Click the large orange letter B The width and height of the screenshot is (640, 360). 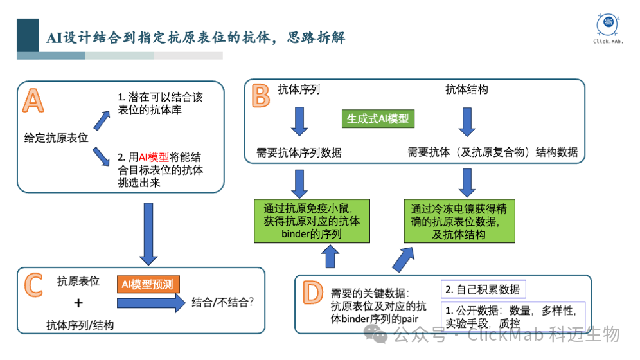pyautogui.click(x=260, y=97)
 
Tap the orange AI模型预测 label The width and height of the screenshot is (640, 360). pyautogui.click(x=148, y=283)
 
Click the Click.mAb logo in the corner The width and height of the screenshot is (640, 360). pyautogui.click(x=609, y=30)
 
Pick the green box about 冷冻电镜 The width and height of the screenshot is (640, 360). pyautogui.click(x=460, y=221)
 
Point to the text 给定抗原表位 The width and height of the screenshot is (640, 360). pyautogui.click(x=56, y=137)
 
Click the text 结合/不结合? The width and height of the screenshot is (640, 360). pyautogui.click(x=222, y=301)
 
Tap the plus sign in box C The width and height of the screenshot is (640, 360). pyautogui.click(x=78, y=303)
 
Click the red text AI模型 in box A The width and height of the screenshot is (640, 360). pyautogui.click(x=154, y=157)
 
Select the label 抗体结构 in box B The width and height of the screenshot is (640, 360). pyautogui.click(x=467, y=89)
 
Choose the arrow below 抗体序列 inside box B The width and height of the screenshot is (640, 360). pyautogui.click(x=299, y=120)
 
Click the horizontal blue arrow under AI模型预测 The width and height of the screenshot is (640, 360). pyautogui.click(x=150, y=302)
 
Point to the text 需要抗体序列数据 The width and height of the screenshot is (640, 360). pyautogui.click(x=299, y=152)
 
